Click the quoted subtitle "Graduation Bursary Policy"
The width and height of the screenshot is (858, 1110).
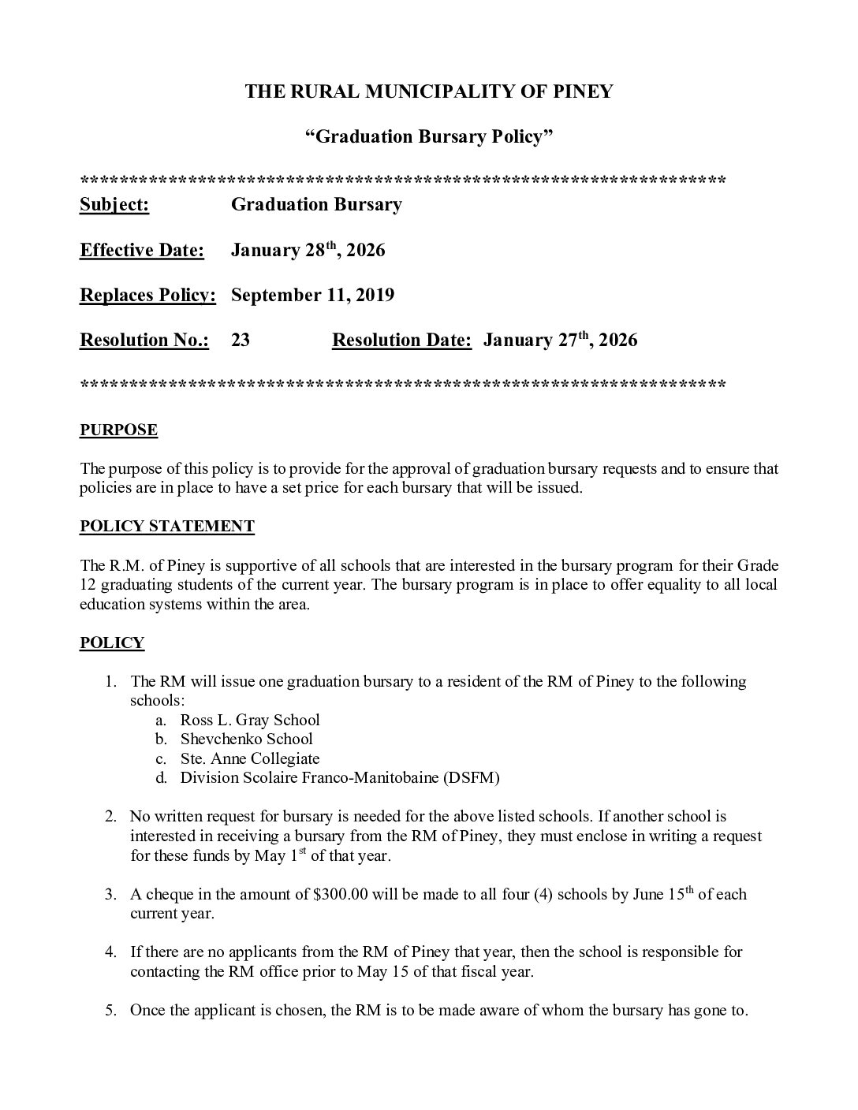point(428,137)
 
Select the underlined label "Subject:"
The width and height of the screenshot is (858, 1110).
point(114,205)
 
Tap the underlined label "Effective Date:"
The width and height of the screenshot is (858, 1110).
point(142,251)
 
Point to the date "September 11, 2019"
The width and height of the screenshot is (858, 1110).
point(312,296)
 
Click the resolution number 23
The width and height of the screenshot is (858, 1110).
point(240,341)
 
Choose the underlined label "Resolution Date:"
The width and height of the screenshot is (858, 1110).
point(401,341)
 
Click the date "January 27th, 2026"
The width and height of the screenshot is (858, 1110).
point(560,341)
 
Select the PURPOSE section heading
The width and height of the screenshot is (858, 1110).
point(118,430)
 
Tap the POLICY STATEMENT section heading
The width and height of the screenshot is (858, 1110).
point(166,527)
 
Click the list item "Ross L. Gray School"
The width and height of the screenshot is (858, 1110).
point(250,720)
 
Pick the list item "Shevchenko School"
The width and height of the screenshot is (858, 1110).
point(246,739)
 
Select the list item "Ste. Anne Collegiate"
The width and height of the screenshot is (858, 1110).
point(250,759)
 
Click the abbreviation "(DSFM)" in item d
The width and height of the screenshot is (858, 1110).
point(471,778)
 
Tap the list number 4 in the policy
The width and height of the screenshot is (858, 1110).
point(111,952)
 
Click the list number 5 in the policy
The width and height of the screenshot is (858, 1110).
point(111,1011)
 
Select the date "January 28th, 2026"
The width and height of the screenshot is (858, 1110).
point(308,251)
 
